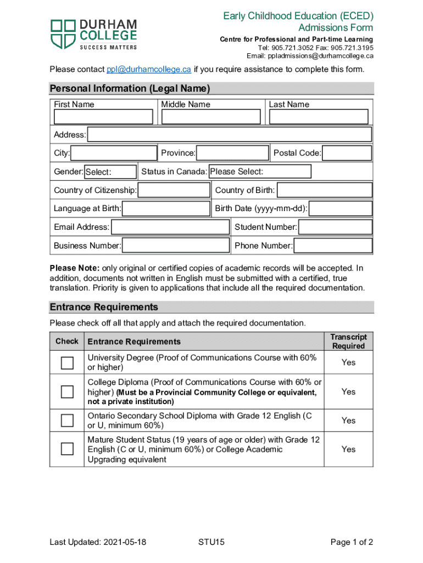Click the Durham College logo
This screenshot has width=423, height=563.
point(93,34)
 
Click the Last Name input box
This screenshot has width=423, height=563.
point(319,117)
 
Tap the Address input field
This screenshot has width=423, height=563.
point(230,135)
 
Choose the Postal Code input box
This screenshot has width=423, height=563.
point(347,153)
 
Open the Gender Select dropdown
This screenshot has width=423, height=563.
point(110,172)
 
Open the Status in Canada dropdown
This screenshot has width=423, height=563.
point(260,172)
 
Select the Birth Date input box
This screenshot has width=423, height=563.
point(341,208)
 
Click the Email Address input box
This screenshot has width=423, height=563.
point(170,227)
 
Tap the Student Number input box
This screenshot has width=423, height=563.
point(336,227)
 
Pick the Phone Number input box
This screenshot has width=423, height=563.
point(333,246)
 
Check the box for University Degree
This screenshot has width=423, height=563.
point(67,363)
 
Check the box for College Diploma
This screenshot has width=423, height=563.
point(67,391)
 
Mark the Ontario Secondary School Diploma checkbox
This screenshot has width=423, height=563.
point(67,421)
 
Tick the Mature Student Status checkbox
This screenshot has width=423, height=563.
point(67,449)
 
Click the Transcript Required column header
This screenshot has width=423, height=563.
point(348,341)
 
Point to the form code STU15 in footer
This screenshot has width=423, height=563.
point(211,543)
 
